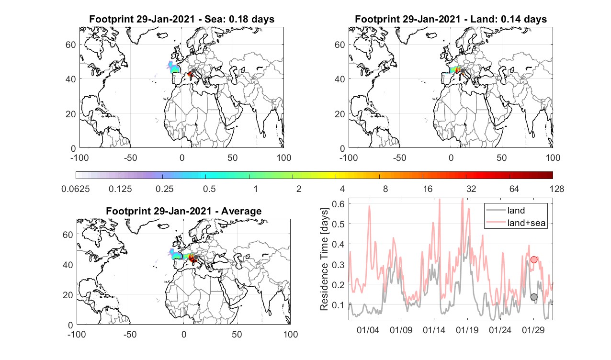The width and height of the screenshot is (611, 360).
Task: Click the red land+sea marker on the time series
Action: pos(534,259)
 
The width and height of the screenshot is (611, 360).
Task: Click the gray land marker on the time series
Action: pos(534,297)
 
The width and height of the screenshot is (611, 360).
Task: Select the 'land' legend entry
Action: pos(516,210)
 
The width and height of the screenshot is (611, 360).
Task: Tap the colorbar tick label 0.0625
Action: pos(76,189)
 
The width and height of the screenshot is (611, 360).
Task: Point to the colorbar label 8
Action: pos(385,189)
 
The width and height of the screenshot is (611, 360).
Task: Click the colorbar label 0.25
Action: pos(164,189)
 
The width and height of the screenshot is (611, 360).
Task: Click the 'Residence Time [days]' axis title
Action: pos(324,259)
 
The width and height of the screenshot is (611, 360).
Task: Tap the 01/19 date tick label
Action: pos(467,330)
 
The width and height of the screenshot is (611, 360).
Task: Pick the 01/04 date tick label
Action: pos(368,330)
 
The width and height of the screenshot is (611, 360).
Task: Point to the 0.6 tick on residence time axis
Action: pos(338,204)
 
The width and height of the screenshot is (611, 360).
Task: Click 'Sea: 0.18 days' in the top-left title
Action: pos(239,19)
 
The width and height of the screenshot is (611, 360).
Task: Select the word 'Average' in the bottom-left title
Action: pos(241,211)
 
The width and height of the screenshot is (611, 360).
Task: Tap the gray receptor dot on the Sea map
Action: pos(193,71)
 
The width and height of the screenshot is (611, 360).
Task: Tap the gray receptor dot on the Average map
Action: pos(195,257)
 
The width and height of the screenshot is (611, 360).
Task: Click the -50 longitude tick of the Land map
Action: pos(400,157)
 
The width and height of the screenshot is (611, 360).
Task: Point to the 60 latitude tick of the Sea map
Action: pos(71,45)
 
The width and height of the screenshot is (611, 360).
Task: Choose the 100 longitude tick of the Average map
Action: pos(291,334)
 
